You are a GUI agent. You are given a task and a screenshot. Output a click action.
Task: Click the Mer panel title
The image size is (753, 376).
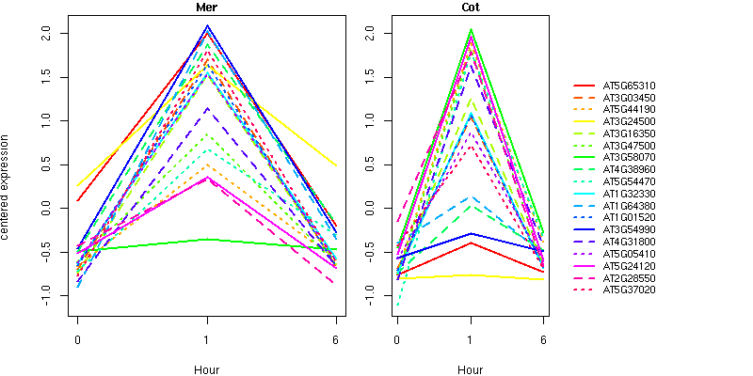click(206, 8)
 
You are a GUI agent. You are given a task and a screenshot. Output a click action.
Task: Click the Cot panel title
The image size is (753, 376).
click(470, 8)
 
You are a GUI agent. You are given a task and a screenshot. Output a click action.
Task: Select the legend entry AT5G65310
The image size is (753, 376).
click(629, 86)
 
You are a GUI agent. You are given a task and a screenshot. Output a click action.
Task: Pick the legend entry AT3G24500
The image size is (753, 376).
click(629, 121)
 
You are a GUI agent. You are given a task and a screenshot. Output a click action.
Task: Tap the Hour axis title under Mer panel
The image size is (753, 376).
click(206, 369)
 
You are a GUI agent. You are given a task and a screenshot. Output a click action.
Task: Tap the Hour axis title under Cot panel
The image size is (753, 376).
click(470, 369)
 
